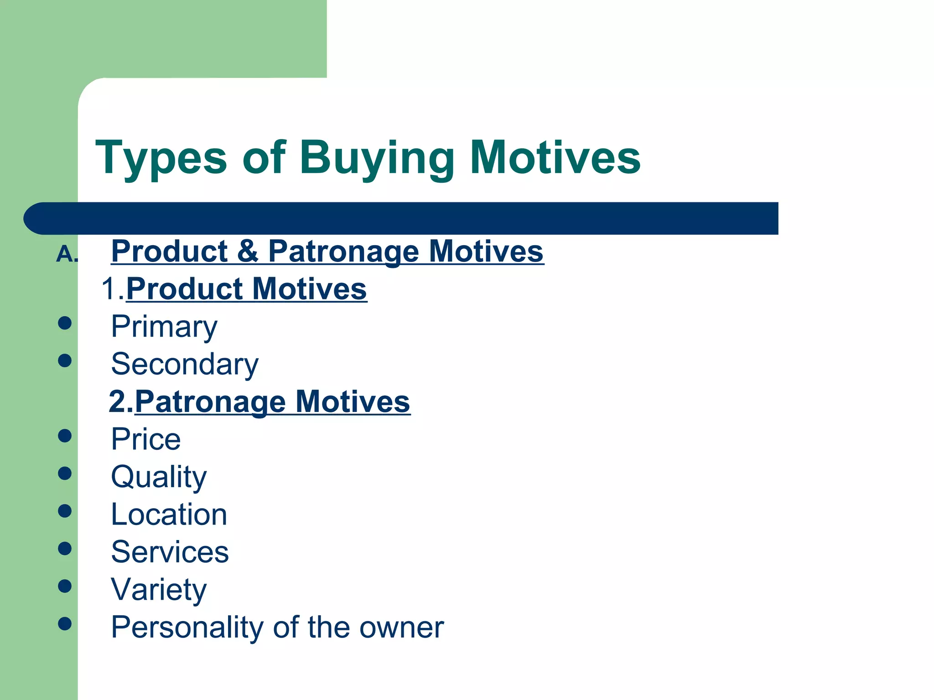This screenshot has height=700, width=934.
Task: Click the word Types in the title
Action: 161,158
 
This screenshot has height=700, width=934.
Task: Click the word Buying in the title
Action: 377,158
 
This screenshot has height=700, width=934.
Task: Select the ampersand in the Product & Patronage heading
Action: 248,251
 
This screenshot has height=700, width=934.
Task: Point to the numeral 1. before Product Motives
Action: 112,289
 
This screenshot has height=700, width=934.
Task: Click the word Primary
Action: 164,327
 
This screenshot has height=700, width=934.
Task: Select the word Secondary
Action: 185,364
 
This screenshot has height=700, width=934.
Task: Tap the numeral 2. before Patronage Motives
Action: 121,401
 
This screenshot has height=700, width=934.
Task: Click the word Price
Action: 146,439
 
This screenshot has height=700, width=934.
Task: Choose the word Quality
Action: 159,477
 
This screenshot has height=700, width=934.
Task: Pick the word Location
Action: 169,515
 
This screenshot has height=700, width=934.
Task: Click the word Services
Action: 170,552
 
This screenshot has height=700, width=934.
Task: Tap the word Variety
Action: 159,590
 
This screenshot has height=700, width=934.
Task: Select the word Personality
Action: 187,628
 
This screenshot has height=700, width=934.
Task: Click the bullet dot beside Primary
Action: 65,323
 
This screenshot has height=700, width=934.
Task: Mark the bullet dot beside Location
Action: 65,511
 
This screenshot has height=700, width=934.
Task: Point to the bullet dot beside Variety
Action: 65,586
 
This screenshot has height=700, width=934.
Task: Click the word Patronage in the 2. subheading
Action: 210,401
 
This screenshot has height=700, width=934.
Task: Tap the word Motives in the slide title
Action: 555,158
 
